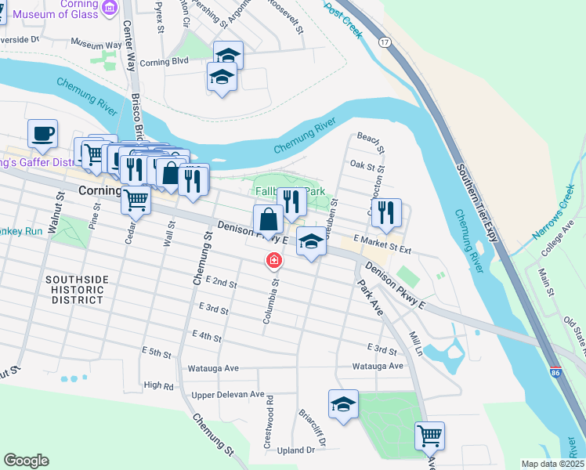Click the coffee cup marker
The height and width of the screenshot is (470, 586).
(42, 133)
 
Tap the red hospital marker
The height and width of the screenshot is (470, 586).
(274, 260)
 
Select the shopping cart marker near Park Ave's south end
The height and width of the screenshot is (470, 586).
(429, 435)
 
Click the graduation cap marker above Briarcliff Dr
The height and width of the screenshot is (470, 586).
(343, 404)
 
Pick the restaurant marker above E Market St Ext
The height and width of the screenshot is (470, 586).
(386, 212)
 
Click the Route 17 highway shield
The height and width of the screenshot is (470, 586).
(383, 41)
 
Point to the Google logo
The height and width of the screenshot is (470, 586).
(26, 461)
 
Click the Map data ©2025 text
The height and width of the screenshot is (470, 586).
(552, 464)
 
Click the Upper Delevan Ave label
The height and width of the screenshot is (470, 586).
(228, 395)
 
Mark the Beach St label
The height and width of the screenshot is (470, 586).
(371, 142)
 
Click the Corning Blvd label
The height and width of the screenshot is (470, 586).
(165, 61)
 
